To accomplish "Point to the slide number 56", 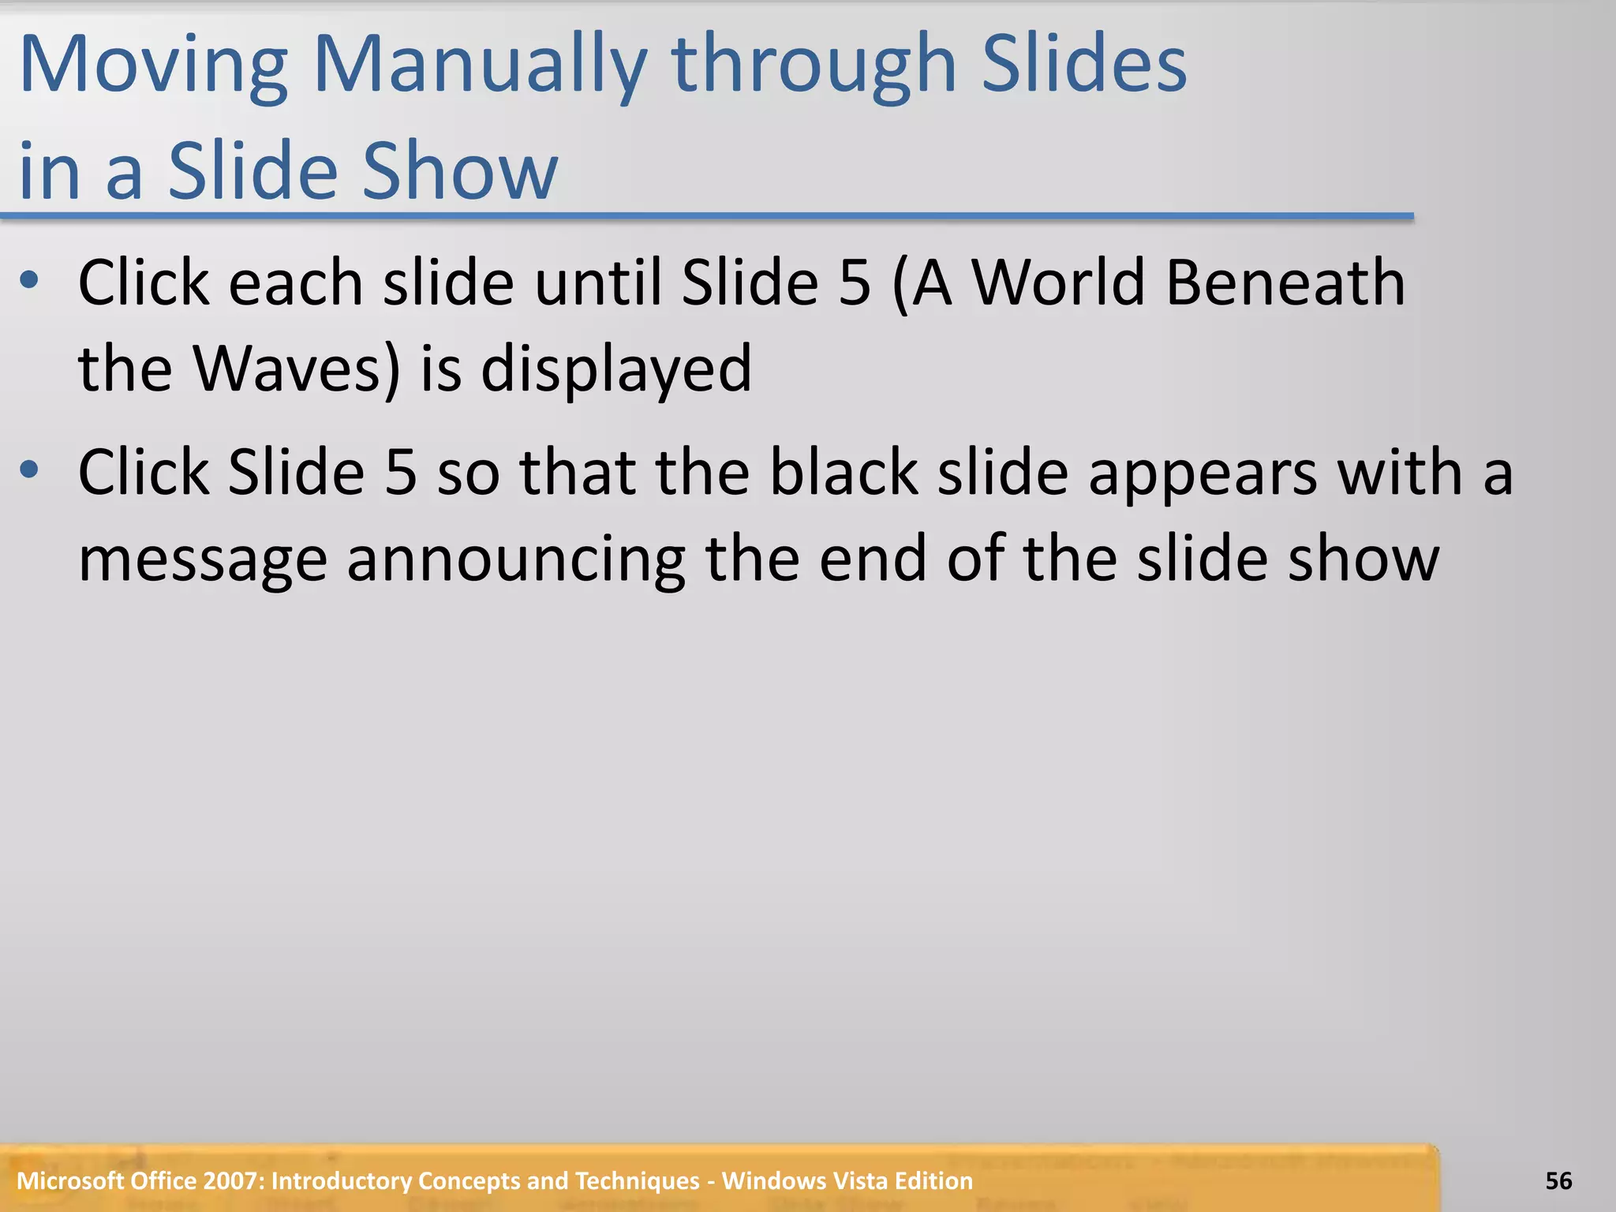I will click(1558, 1180).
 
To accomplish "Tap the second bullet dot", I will click(30, 470).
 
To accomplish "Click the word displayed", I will click(616, 369).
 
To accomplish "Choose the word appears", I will click(1203, 473).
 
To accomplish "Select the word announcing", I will click(516, 560).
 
